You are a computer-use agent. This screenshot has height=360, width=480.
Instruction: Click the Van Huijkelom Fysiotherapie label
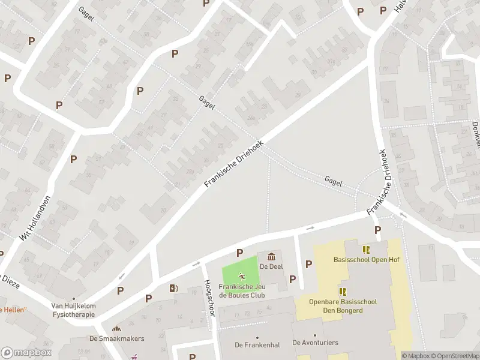(74, 310)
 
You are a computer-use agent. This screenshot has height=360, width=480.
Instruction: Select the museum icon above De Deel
(271, 257)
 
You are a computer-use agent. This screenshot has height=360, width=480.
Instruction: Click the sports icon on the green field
(242, 277)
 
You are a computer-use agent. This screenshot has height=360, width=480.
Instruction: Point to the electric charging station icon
(173, 288)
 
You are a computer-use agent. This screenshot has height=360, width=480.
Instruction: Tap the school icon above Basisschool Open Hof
(366, 249)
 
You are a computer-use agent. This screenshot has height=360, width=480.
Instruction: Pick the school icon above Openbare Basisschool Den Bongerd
(343, 292)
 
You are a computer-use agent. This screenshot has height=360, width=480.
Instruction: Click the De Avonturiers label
(315, 343)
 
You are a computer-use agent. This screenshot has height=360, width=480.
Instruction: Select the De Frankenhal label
(257, 344)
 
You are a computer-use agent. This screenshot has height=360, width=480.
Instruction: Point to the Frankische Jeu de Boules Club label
(242, 290)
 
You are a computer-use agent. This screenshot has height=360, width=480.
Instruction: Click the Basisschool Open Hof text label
(366, 260)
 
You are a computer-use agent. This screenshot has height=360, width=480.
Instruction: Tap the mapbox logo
(25, 353)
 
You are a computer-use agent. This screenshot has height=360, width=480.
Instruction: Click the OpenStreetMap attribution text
(455, 356)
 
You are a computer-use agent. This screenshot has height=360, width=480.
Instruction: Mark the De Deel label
(271, 266)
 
